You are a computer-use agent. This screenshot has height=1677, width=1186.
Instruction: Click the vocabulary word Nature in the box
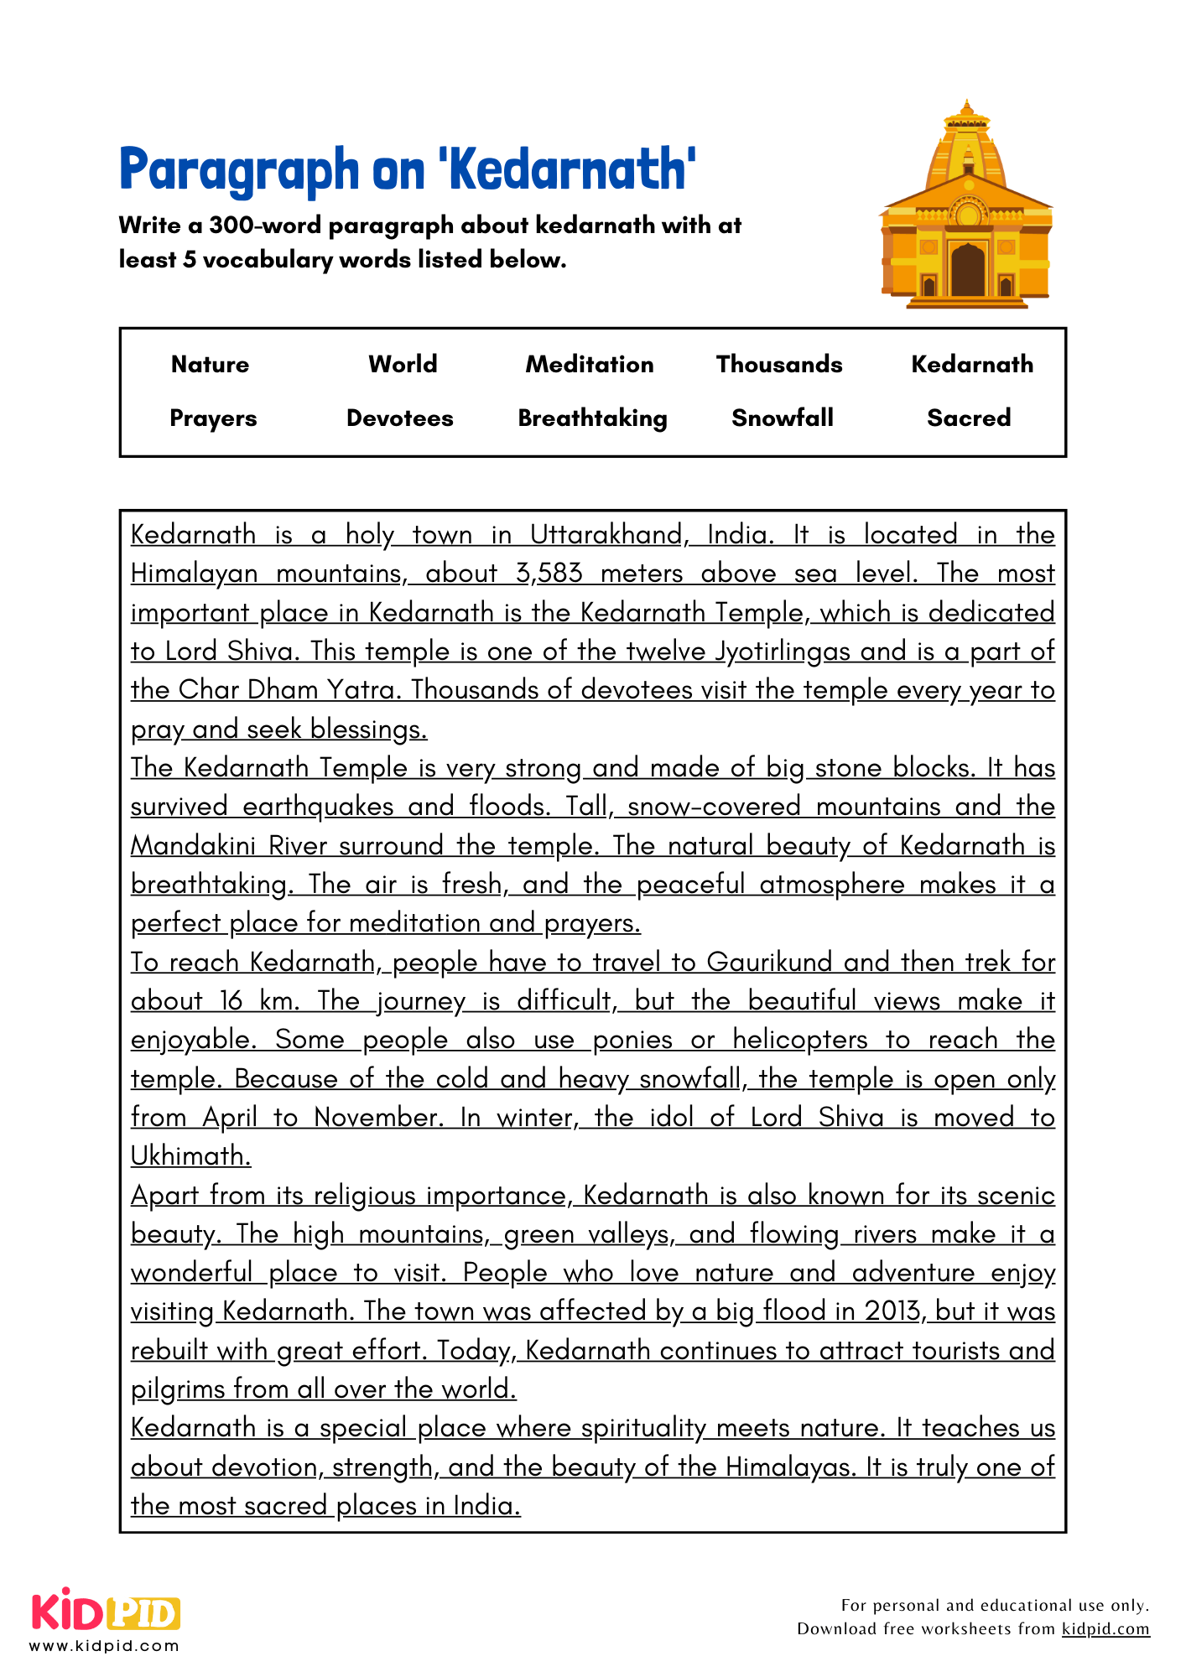tap(210, 365)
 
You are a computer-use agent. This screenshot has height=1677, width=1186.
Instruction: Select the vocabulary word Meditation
tap(590, 365)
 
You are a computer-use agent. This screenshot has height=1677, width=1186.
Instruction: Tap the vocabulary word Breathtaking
tap(592, 418)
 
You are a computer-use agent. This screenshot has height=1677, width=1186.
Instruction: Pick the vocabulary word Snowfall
tap(782, 418)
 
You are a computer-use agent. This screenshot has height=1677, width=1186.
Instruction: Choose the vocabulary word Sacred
tap(969, 418)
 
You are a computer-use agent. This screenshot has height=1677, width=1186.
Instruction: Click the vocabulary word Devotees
tap(399, 418)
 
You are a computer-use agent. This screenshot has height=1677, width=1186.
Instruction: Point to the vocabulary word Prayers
tap(213, 418)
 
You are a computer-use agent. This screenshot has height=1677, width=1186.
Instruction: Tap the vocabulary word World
tap(403, 364)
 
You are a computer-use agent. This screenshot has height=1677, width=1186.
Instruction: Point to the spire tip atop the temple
tap(967, 105)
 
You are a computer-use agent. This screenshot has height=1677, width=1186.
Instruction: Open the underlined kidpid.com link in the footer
tap(1105, 1628)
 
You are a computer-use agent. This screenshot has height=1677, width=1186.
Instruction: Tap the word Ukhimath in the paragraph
tap(190, 1156)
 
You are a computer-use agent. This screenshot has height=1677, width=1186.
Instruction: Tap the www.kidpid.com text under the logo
tap(104, 1646)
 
